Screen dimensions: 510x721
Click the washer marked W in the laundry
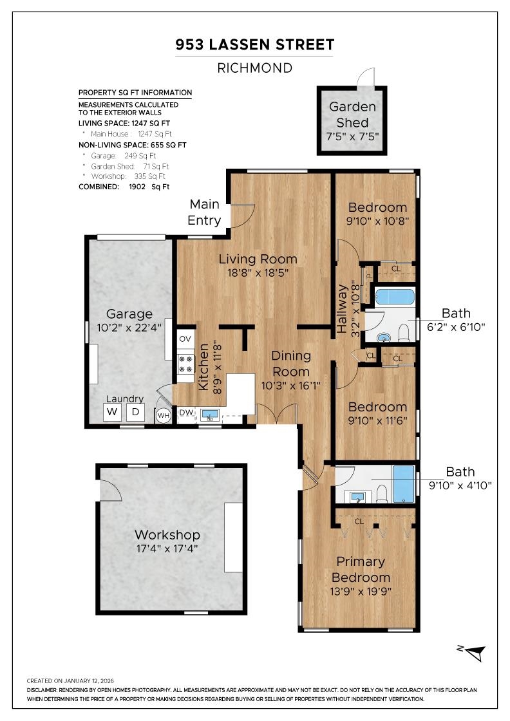tap(112, 412)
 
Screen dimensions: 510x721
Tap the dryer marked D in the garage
tap(136, 412)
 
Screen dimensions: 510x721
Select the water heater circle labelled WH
tap(164, 416)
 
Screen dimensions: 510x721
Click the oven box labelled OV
tap(185, 339)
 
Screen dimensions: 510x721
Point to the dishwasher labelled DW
tap(186, 413)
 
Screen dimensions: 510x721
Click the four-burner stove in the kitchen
tap(185, 364)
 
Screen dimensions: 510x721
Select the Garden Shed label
tap(352, 115)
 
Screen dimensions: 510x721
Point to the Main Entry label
tap(204, 212)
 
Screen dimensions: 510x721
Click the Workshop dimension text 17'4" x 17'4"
tap(167, 548)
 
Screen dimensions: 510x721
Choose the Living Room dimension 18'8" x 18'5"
tap(258, 273)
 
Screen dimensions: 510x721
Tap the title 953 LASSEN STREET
tap(255, 44)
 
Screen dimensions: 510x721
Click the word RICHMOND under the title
tap(255, 68)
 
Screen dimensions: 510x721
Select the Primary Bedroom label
tap(361, 569)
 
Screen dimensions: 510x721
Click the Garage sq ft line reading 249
tap(123, 156)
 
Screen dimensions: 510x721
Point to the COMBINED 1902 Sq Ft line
tap(124, 187)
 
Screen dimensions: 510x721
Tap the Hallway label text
tap(341, 308)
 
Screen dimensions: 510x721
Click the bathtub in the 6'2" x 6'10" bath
tap(395, 297)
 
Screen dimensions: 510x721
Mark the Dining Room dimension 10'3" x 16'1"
tap(290, 386)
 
